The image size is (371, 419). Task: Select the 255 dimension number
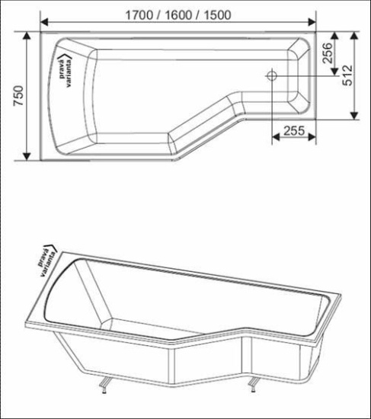click(289, 130)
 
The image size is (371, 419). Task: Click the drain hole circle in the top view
click(270, 75)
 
